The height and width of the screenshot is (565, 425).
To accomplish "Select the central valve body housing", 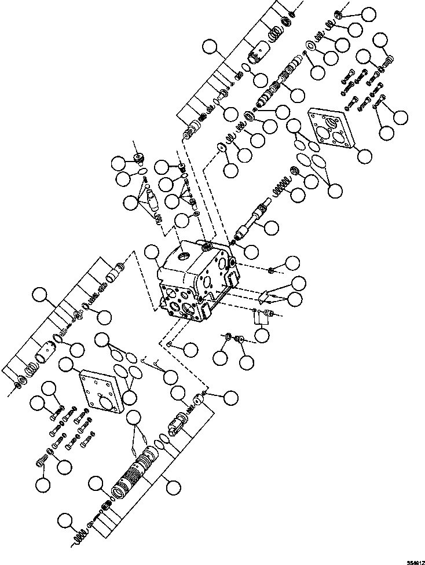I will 194,278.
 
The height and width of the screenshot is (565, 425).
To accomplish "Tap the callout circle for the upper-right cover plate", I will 365,155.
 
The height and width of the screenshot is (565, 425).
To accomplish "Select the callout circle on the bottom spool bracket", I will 172,488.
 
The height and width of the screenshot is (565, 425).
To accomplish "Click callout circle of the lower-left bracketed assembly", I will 40,296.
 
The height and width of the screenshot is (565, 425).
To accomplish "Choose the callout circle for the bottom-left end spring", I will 68,519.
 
